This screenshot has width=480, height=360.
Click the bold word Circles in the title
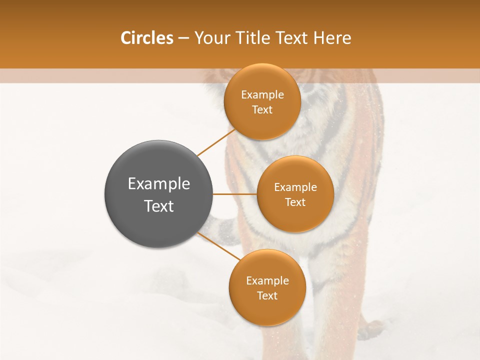(146, 38)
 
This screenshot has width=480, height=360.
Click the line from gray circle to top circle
(216, 142)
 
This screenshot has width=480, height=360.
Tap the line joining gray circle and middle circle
(234, 194)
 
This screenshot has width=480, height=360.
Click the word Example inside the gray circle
(159, 184)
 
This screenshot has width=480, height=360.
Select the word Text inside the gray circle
(159, 206)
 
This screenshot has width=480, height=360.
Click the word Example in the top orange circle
(262, 95)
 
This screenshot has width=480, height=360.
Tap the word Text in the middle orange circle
(295, 202)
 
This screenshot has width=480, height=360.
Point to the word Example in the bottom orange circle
(267, 280)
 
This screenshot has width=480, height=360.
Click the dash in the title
(183, 38)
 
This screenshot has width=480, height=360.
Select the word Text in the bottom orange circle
(267, 295)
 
